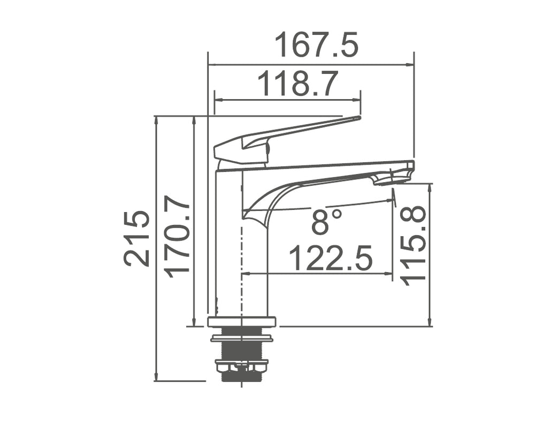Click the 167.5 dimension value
316,46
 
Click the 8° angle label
326,221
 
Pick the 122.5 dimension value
330,259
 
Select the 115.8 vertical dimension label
413,245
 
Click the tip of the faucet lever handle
357,118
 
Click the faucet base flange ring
241,321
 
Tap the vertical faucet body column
229,246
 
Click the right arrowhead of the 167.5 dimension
411,65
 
